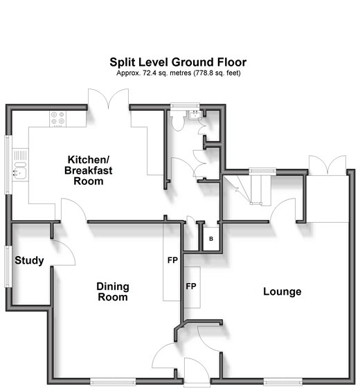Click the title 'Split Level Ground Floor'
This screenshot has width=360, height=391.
click(x=178, y=62)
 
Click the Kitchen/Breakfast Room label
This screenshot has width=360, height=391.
click(x=89, y=170)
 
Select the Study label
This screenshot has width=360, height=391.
click(x=29, y=260)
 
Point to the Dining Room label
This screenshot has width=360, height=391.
click(x=113, y=292)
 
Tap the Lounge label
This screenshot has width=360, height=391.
click(x=282, y=291)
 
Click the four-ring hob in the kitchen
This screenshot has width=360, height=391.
click(x=58, y=118)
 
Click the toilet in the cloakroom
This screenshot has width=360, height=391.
click(x=178, y=120)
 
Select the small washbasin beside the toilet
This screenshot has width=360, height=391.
click(x=194, y=115)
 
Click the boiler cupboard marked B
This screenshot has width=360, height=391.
click(x=211, y=239)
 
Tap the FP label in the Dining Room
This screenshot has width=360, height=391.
click(x=172, y=260)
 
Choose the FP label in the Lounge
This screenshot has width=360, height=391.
click(x=191, y=287)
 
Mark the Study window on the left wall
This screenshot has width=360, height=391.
click(x=8, y=266)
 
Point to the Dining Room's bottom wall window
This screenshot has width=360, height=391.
click(x=113, y=382)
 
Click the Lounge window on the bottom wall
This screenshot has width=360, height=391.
click(x=283, y=382)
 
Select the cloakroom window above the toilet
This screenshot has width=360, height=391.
click(x=185, y=106)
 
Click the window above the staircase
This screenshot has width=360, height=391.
click(x=262, y=171)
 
